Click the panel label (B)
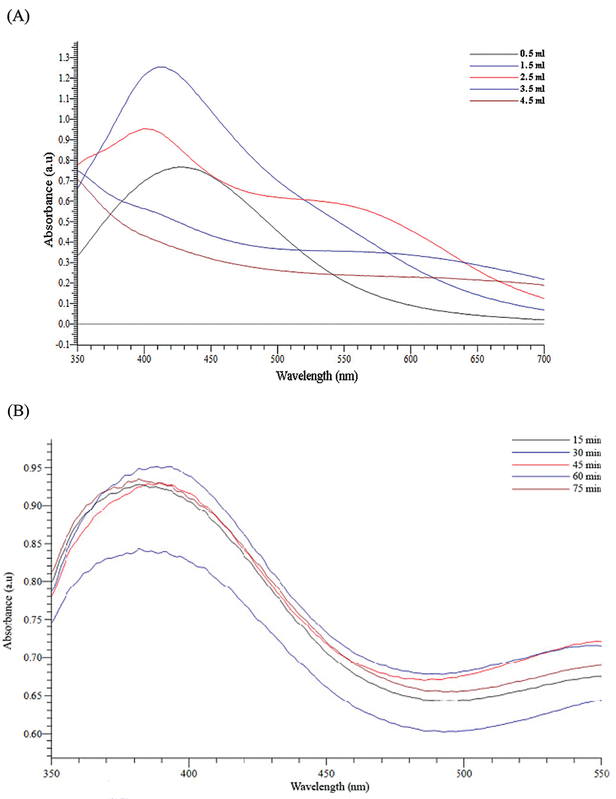(x=18, y=411)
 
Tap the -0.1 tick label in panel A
(x=63, y=345)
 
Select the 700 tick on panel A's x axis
(x=544, y=359)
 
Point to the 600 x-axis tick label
(x=410, y=359)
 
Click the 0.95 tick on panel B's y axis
(x=32, y=468)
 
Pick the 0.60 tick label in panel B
(x=32, y=734)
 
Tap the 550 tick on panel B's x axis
(x=601, y=774)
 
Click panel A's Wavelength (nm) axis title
(x=317, y=376)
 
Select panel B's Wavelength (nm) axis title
(x=330, y=787)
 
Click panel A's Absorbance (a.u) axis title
(x=49, y=199)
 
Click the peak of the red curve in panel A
(x=145, y=129)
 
